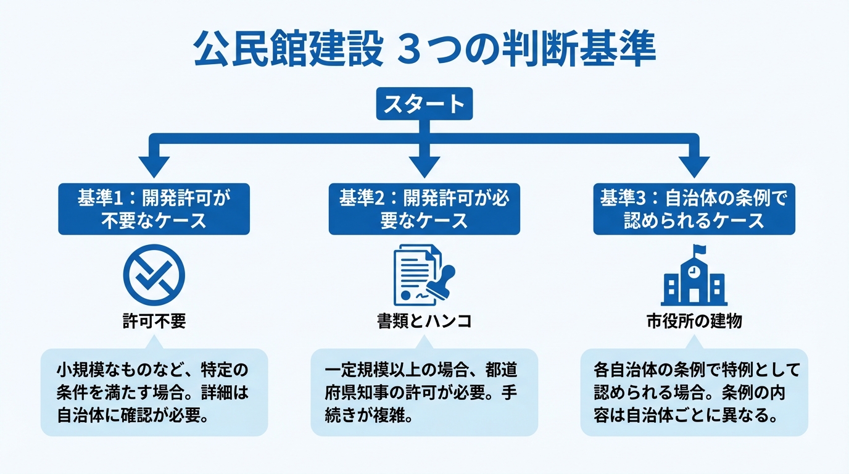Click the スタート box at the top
pyautogui.click(x=424, y=104)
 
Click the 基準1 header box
pyautogui.click(x=154, y=209)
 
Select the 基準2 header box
pyautogui.click(x=424, y=209)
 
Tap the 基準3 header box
pyautogui.click(x=694, y=209)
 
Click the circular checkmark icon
pyautogui.click(x=154, y=275)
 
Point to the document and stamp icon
pyautogui.click(x=423, y=276)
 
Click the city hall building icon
pyautogui.click(x=694, y=279)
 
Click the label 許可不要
pyautogui.click(x=154, y=322)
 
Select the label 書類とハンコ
pyautogui.click(x=424, y=322)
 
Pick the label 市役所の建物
pyautogui.click(x=694, y=322)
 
